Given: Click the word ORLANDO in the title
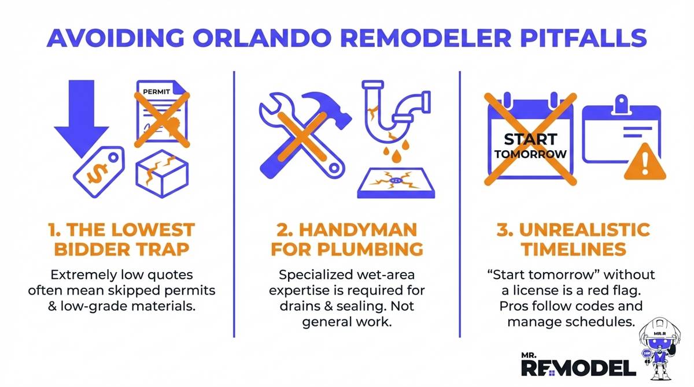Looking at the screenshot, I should tap(225, 39).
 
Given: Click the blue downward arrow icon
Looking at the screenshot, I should tap(80, 116).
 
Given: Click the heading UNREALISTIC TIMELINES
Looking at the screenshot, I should tap(573, 239).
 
